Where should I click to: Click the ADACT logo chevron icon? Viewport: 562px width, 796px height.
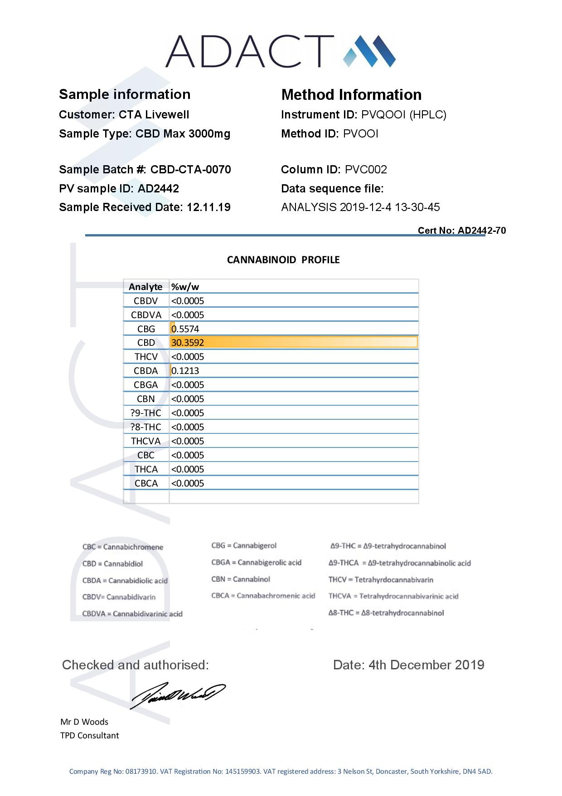pyautogui.click(x=369, y=51)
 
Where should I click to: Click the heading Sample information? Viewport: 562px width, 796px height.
pyautogui.click(x=125, y=94)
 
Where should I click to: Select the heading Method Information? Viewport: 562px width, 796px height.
pyautogui.click(x=351, y=95)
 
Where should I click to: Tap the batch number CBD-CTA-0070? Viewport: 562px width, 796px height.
pyautogui.click(x=190, y=170)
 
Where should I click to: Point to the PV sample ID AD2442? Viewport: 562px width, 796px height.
pyautogui.click(x=158, y=189)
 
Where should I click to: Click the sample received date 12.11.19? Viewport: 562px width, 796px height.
pyautogui.click(x=208, y=207)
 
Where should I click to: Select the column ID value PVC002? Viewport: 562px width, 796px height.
pyautogui.click(x=366, y=170)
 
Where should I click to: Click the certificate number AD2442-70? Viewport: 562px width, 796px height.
pyautogui.click(x=482, y=231)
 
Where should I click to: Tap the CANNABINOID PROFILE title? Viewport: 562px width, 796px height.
pyautogui.click(x=283, y=260)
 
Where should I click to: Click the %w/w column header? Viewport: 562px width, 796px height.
pyautogui.click(x=185, y=287)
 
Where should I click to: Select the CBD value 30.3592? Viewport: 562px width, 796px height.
pyautogui.click(x=188, y=343)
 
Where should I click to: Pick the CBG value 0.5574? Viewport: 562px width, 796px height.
pyautogui.click(x=185, y=329)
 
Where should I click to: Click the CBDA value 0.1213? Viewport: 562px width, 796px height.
pyautogui.click(x=185, y=371)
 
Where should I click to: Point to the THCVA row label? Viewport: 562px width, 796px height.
pyautogui.click(x=145, y=441)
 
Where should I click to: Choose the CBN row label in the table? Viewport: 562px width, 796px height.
pyautogui.click(x=145, y=399)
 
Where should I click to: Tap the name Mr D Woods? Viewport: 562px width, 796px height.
pyautogui.click(x=84, y=722)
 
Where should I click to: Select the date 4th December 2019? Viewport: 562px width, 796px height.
pyautogui.click(x=426, y=665)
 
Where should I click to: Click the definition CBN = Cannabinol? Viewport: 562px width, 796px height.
pyautogui.click(x=241, y=580)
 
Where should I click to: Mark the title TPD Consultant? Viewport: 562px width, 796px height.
pyautogui.click(x=90, y=736)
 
